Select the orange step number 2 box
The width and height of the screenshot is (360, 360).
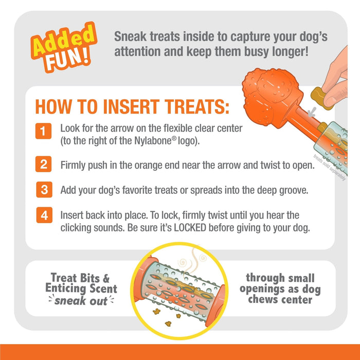43,165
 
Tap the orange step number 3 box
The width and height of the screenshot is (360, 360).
43,190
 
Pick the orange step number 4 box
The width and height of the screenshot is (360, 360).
43,215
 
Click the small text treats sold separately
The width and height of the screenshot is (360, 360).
329,167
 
